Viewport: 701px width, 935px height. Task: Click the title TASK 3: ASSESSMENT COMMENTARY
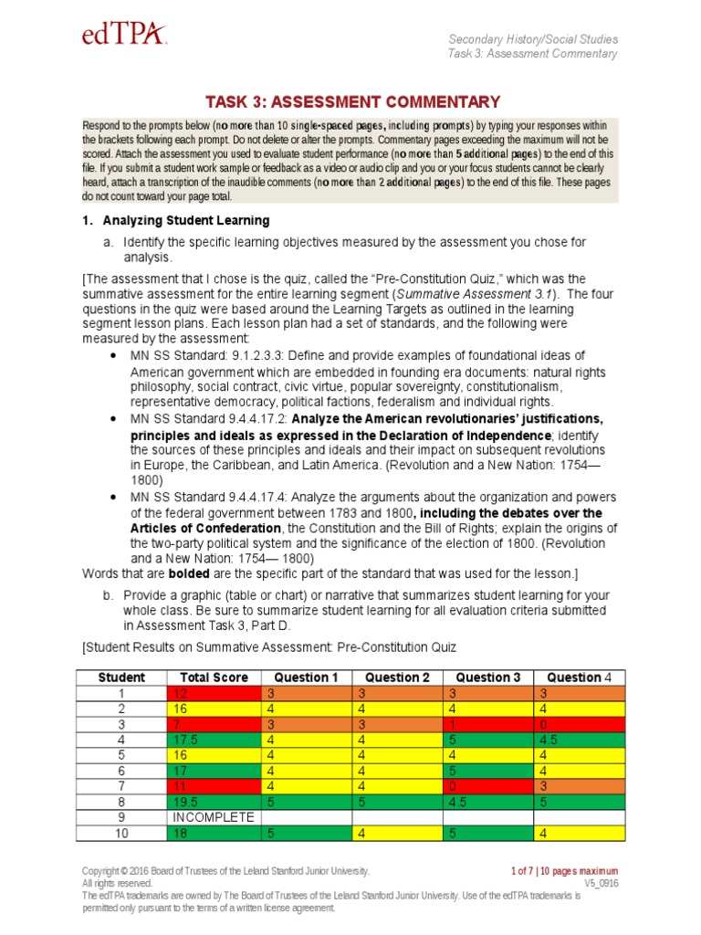pos(352,101)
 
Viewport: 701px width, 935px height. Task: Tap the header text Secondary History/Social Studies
pos(533,39)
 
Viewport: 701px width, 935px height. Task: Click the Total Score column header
pos(214,678)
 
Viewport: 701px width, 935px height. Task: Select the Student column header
pos(121,678)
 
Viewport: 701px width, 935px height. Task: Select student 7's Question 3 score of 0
pos(451,785)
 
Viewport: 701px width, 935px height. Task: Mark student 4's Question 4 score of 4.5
pos(548,739)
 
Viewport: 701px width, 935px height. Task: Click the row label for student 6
pos(121,770)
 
